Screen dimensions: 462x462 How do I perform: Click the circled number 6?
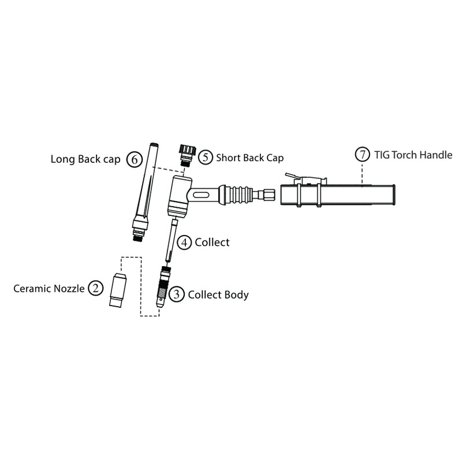pos(133,159)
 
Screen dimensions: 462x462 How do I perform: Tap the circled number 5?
pos(206,157)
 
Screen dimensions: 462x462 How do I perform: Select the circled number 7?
pos(362,155)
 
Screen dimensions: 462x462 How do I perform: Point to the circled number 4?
pos(184,242)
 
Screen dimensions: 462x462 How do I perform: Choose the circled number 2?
pos(95,288)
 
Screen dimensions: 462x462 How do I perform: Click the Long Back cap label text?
pos(85,159)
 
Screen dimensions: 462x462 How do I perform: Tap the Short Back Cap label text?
pos(250,157)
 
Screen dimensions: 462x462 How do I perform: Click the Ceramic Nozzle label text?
pos(50,288)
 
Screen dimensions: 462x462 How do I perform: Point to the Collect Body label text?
pos(218,295)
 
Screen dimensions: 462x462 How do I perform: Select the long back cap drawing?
pos(144,191)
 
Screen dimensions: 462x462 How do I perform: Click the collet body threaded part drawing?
pos(163,286)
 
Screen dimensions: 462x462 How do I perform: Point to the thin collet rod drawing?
pos(172,240)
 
